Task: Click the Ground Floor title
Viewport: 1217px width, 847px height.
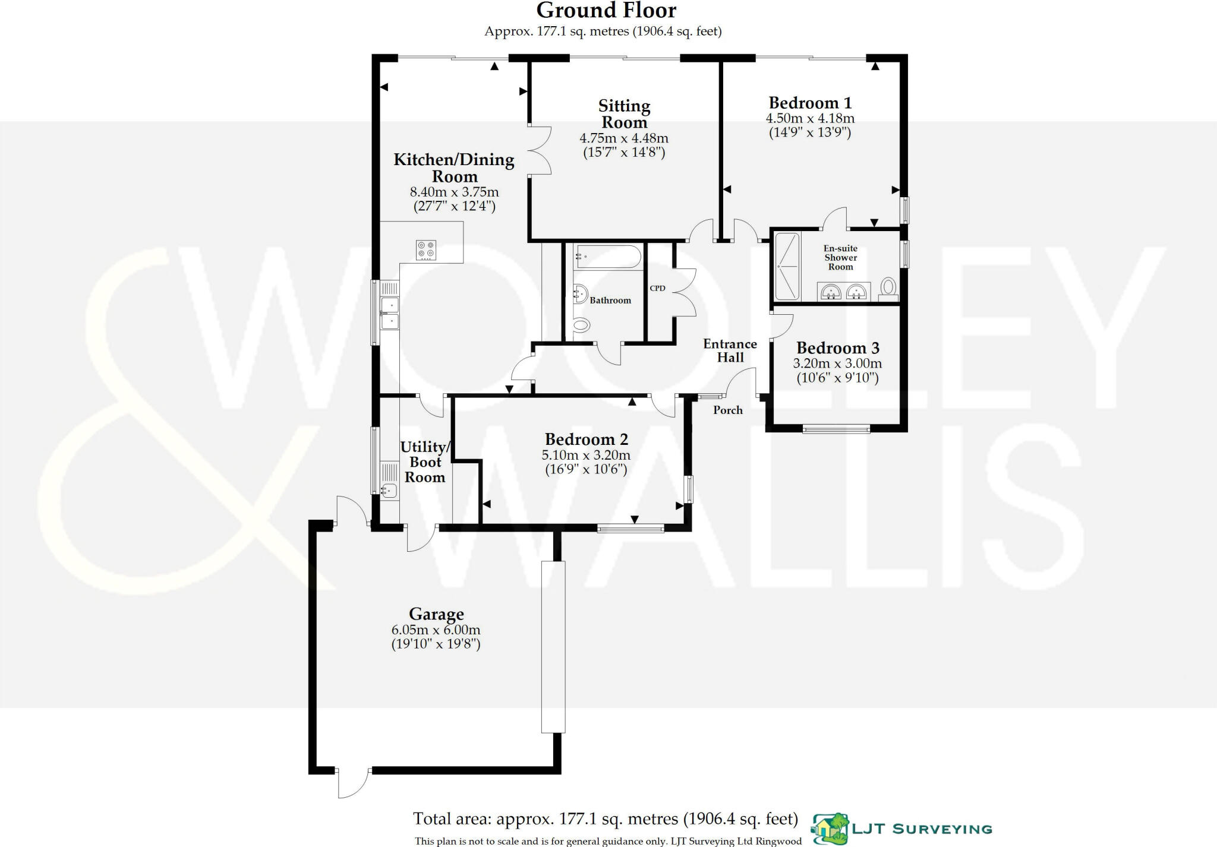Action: [x=606, y=11]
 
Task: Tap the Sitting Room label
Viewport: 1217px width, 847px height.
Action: [x=624, y=114]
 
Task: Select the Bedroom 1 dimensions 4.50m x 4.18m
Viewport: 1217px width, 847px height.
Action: [x=810, y=118]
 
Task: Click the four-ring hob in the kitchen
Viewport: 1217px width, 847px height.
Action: [x=426, y=249]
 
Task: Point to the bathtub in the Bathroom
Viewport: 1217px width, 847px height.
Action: [x=607, y=257]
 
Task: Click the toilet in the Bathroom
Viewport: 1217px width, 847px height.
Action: [x=581, y=325]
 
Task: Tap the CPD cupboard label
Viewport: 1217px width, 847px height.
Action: [x=657, y=288]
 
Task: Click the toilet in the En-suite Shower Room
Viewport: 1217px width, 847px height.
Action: [x=888, y=288]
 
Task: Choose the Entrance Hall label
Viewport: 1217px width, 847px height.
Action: [x=730, y=350]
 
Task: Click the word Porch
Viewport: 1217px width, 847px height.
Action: [x=727, y=410]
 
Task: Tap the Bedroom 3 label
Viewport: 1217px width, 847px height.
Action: [x=837, y=347]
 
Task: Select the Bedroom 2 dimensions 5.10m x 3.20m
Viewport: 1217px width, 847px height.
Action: [x=586, y=455]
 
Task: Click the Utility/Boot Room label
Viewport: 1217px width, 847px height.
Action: [x=425, y=462]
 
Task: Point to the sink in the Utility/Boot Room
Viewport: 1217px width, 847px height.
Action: [x=389, y=491]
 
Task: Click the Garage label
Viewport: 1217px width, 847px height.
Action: [x=436, y=614]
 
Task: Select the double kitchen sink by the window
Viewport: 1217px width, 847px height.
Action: [x=390, y=314]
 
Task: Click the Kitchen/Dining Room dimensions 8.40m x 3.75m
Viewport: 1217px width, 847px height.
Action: [x=454, y=192]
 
